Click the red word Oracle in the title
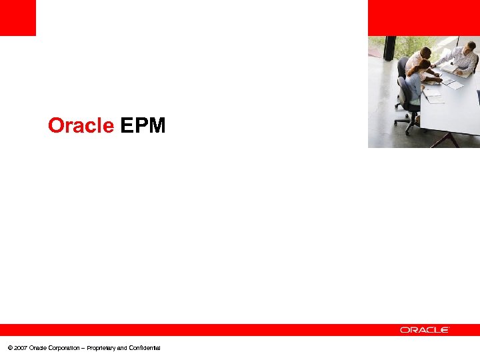(x=81, y=125)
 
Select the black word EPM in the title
(x=143, y=125)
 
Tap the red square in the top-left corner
(x=17, y=17)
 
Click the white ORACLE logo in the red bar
(x=425, y=329)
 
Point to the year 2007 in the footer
(x=20, y=348)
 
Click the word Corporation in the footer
(x=65, y=348)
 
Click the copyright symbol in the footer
(x=9, y=348)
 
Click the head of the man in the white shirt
(x=425, y=52)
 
